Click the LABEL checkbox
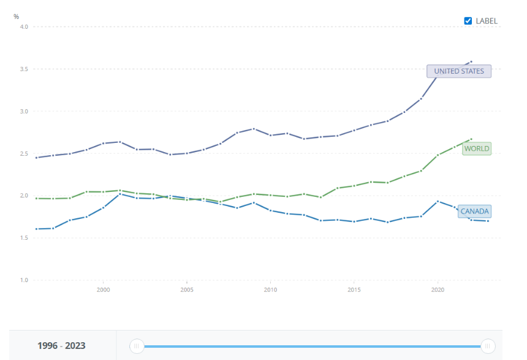(x=468, y=21)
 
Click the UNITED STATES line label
(x=458, y=71)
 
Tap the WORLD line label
(x=476, y=148)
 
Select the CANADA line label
(x=474, y=212)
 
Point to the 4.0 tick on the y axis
(x=24, y=26)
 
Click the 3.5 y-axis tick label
(x=24, y=69)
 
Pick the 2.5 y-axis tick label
(x=24, y=153)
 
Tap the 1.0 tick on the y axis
(x=24, y=280)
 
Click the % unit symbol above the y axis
(x=17, y=17)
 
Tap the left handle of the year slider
(x=137, y=347)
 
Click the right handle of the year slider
(x=488, y=347)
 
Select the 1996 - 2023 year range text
(x=61, y=346)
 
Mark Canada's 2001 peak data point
(x=119, y=193)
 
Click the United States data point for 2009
(x=253, y=129)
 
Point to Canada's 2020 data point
(x=438, y=201)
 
